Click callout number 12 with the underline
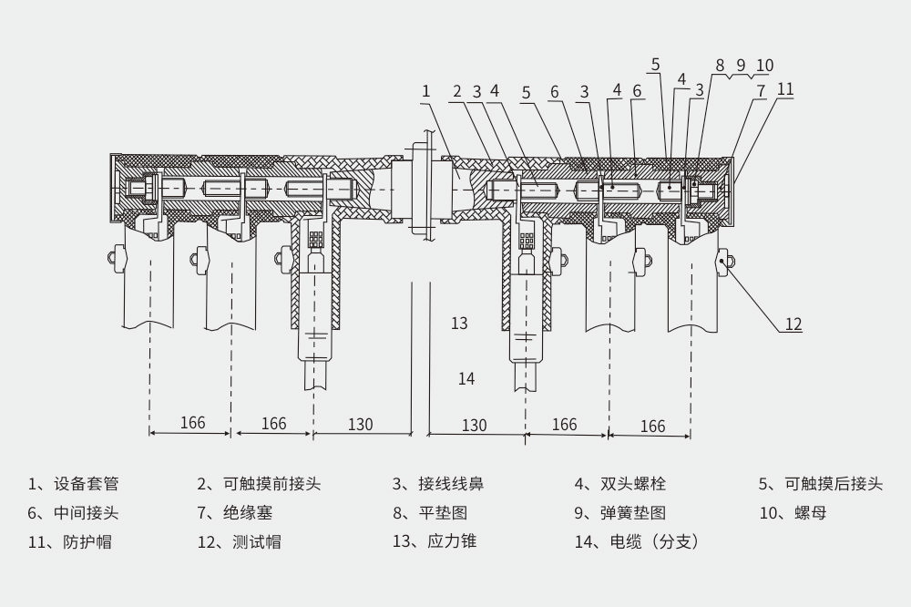[x=793, y=324]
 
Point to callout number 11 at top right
[x=784, y=89]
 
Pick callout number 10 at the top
[x=764, y=66]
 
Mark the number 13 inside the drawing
[x=459, y=323]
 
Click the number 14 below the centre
[x=466, y=378]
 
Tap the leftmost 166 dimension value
[x=192, y=423]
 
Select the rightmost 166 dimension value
[x=652, y=426]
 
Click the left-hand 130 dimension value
[x=360, y=424]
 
